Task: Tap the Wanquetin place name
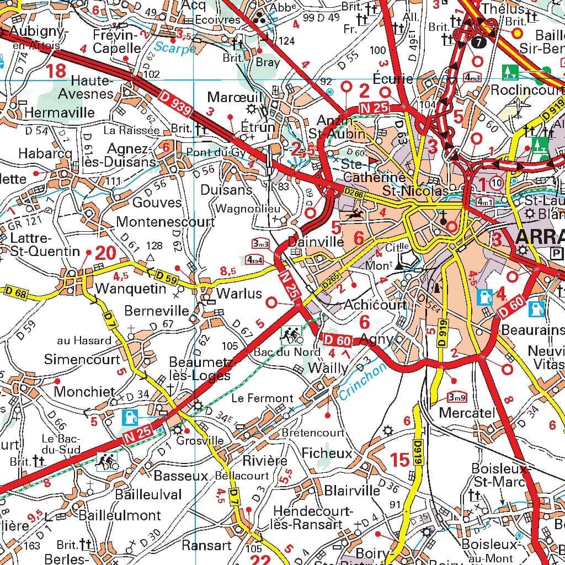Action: coord(130,289)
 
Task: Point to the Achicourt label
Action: coord(375,305)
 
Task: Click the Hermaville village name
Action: coord(60,113)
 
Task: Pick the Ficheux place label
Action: coord(327,453)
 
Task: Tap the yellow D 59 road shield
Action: coord(166,279)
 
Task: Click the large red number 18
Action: coord(56,71)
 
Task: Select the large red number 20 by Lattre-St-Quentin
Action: coord(105,253)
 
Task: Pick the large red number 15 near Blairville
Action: coord(400,459)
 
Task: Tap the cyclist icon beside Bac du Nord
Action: coord(291,333)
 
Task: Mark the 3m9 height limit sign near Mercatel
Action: coord(457,397)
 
